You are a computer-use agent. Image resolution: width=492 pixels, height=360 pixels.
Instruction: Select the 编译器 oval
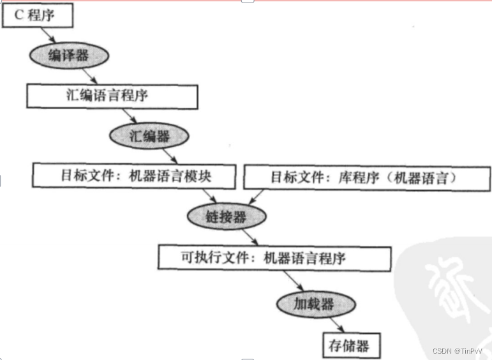point(68,56)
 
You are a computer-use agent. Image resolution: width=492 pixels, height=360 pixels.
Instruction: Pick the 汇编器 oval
point(149,135)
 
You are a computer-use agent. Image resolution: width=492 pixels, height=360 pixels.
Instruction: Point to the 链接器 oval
point(226,217)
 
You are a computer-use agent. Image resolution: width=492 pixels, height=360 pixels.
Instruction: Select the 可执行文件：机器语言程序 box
point(274,257)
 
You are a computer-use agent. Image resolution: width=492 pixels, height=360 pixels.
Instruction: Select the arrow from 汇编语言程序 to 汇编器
point(129,116)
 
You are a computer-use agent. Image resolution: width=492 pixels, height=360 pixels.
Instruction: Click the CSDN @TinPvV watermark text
point(459,351)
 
